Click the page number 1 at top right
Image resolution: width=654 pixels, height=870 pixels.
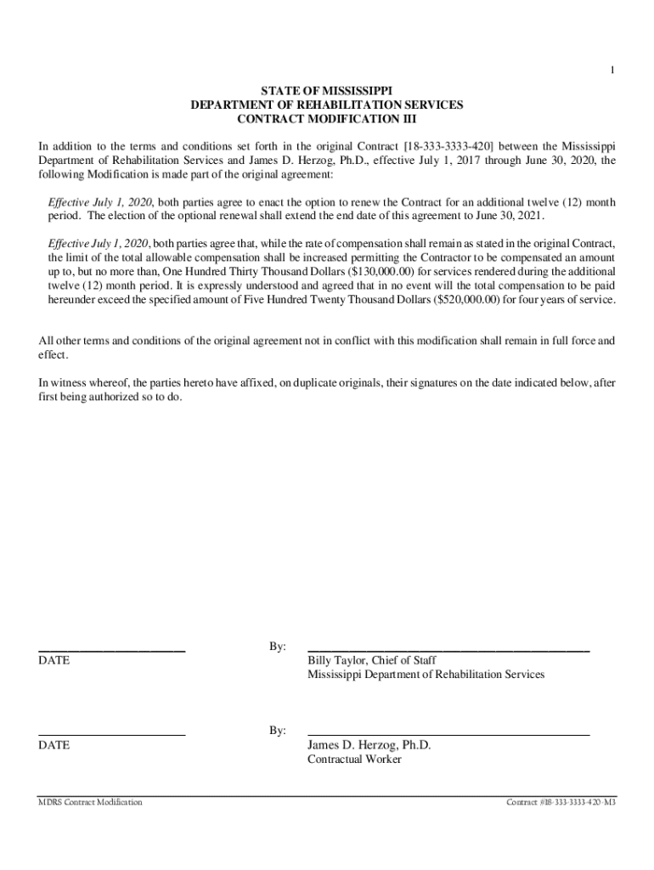[x=612, y=71]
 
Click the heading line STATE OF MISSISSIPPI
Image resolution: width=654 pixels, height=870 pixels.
[x=327, y=90]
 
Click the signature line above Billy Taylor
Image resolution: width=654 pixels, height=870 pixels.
[x=448, y=650]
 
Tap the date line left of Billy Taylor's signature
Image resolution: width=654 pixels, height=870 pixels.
[x=112, y=650]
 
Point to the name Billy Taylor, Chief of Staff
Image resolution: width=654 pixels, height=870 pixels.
[x=373, y=660]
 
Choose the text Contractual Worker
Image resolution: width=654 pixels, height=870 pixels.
[x=354, y=760]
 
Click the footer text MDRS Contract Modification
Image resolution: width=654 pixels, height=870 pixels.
[x=90, y=802]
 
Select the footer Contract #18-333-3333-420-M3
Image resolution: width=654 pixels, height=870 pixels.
[x=561, y=802]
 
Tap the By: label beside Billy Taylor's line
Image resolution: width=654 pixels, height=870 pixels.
[x=278, y=647]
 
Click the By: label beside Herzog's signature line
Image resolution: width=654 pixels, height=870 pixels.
[x=278, y=731]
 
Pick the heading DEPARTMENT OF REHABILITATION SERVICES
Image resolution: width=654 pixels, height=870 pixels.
[x=327, y=105]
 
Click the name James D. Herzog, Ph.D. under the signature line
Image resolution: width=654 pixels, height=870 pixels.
[x=369, y=745]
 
